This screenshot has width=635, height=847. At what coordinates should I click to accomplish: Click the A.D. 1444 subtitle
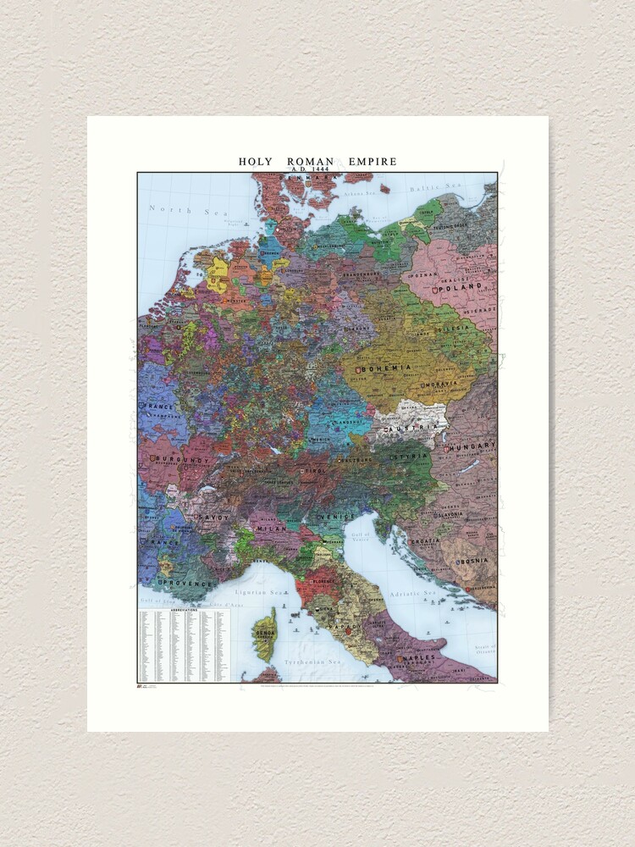(x=317, y=170)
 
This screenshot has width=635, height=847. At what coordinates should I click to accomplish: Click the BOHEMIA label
(x=387, y=368)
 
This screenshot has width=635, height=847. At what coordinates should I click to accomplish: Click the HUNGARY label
(x=477, y=446)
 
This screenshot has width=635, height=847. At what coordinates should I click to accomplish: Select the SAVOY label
(x=213, y=518)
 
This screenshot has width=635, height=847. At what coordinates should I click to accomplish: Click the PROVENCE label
(x=178, y=584)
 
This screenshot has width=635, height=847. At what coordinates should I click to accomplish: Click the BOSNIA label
(x=476, y=562)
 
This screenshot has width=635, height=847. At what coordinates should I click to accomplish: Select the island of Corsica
(x=265, y=634)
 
